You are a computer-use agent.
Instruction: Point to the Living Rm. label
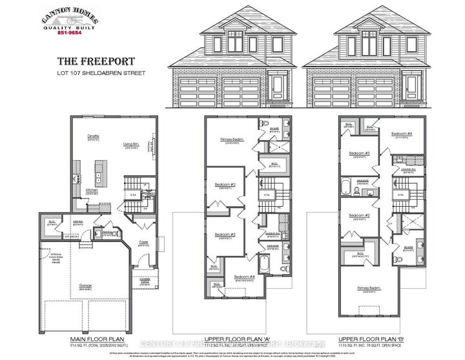132,144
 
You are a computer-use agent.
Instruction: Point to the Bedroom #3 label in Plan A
224,233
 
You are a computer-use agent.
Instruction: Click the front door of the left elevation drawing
278,87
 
